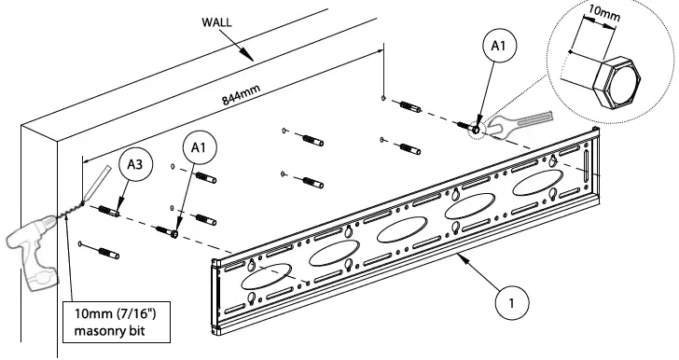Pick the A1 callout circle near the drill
pyautogui.click(x=198, y=147)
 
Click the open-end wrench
pyautogui.click(x=517, y=121)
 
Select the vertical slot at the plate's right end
pyautogui.click(x=584, y=173)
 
